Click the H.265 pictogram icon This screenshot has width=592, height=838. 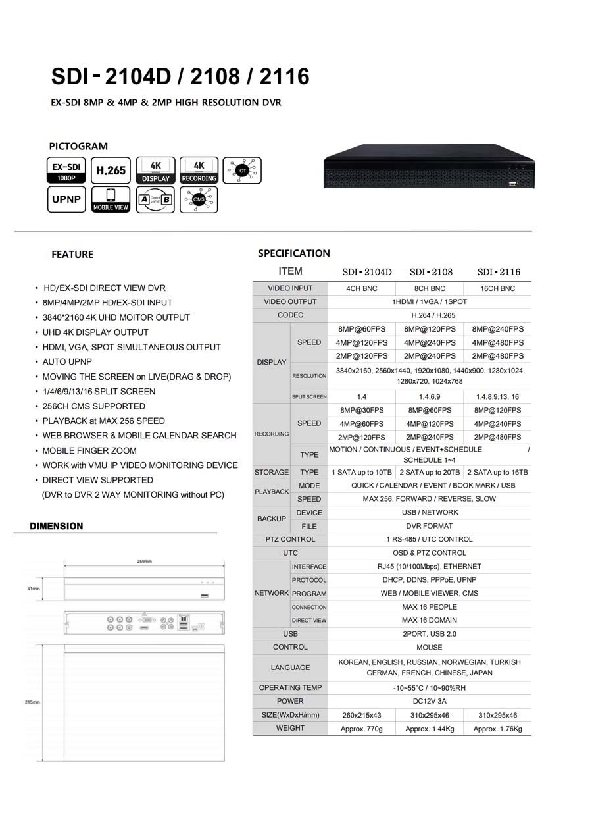tap(111, 170)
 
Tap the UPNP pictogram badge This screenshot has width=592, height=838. tap(66, 199)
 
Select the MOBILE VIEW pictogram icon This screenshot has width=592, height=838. tap(111, 199)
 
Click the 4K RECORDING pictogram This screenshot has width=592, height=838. tap(199, 170)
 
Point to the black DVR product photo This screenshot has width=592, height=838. tap(428, 167)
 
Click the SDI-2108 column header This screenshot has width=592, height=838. tap(431, 272)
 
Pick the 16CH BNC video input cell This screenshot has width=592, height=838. tap(497, 288)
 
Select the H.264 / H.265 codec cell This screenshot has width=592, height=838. tap(429, 315)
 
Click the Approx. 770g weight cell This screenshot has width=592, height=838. tap(361, 729)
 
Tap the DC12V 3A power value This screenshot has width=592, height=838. tap(429, 702)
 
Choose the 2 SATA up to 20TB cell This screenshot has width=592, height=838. tap(430, 473)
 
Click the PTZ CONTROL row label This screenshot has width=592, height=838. tap(290, 539)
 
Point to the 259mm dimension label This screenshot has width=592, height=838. tap(144, 562)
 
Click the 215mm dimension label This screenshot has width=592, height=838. tap(32, 702)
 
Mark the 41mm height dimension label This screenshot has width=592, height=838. tap(34, 589)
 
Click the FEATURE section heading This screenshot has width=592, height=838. tap(72, 255)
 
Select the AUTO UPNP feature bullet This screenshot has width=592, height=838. tap(67, 362)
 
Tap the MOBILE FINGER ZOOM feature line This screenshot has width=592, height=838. tap(89, 451)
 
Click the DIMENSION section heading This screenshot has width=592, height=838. tap(57, 526)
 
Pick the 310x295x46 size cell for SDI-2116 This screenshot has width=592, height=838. tap(497, 715)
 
